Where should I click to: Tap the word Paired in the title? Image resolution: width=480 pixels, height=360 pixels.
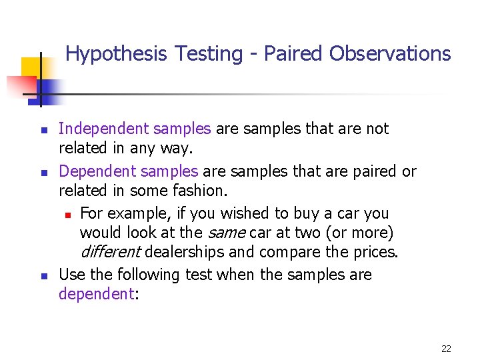pyautogui.click(x=293, y=54)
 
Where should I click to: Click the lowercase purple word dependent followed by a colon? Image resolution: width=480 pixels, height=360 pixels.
pyautogui.click(x=96, y=294)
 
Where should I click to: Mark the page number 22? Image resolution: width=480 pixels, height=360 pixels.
pyautogui.click(x=446, y=349)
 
